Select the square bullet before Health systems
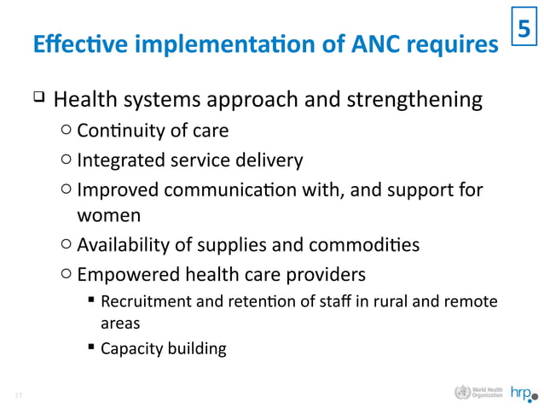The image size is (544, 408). [38, 101]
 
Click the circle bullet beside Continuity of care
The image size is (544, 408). [67, 131]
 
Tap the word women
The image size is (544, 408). [108, 215]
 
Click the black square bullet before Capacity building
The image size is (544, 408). [91, 348]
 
